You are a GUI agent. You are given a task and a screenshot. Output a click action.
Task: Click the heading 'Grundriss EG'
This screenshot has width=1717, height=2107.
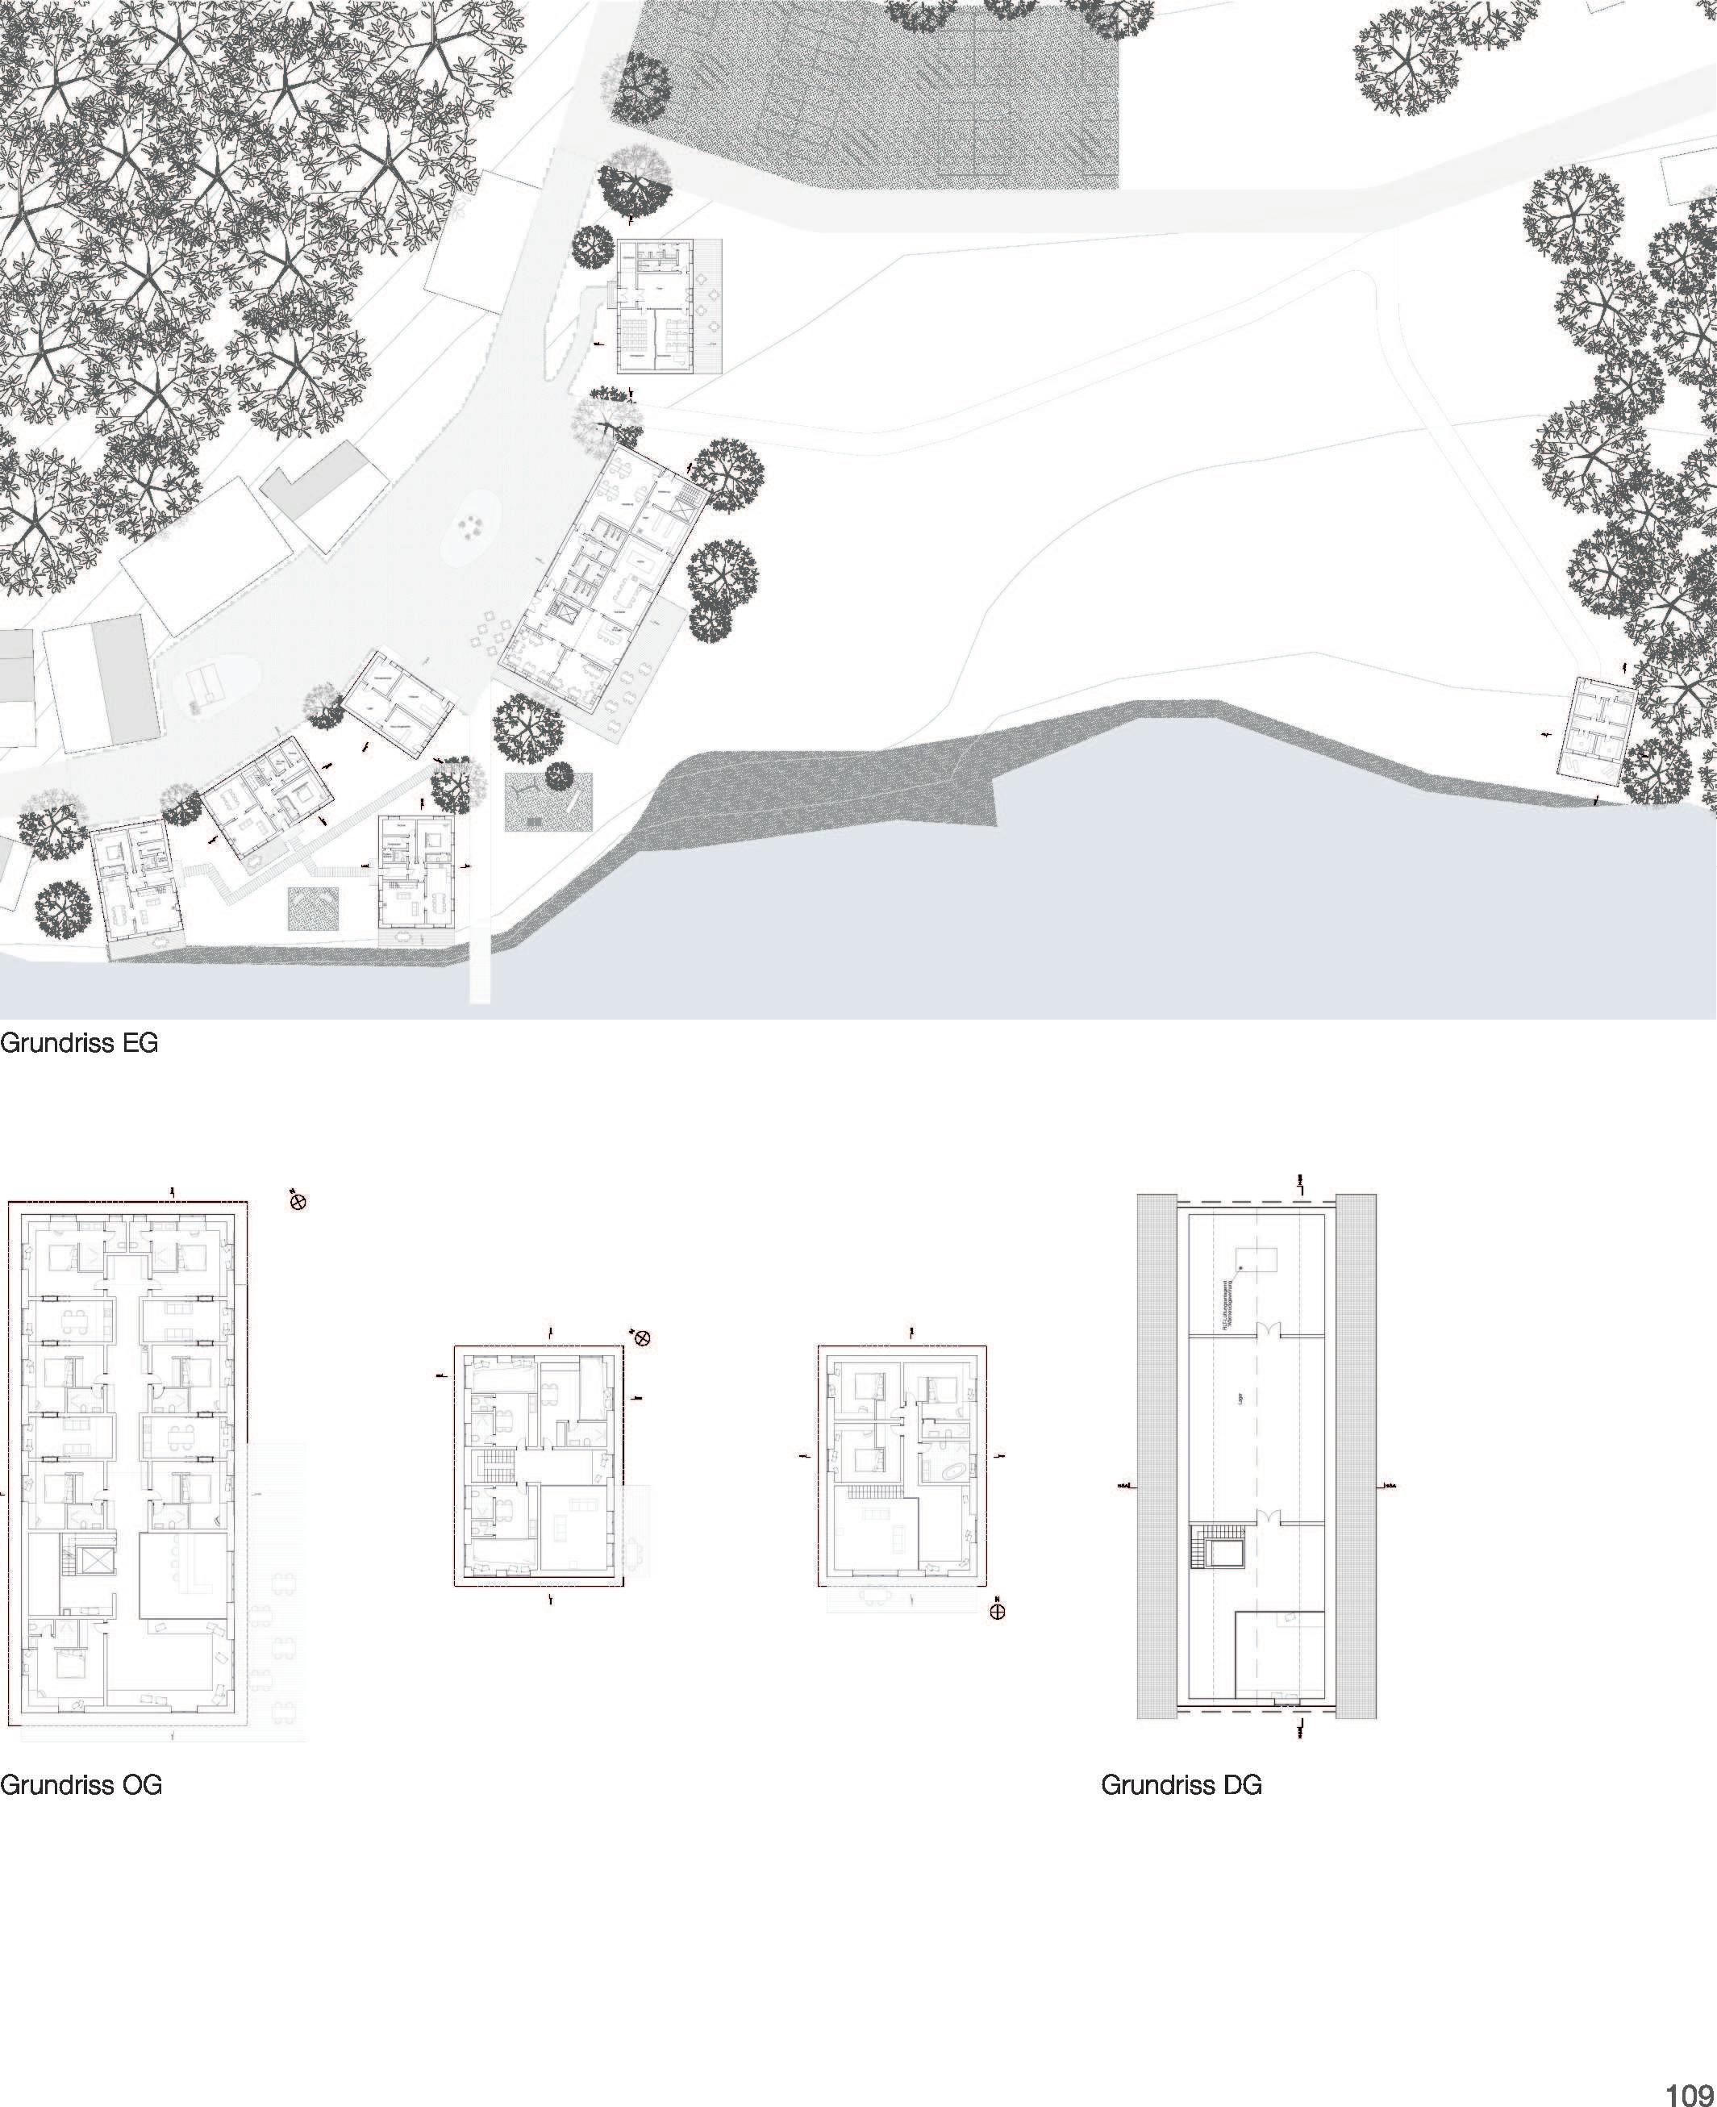(79, 1044)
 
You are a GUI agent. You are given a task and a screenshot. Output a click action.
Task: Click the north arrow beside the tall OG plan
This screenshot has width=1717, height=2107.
(298, 1202)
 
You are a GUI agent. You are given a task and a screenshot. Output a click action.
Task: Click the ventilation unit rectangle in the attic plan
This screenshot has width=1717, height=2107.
(1256, 1259)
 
